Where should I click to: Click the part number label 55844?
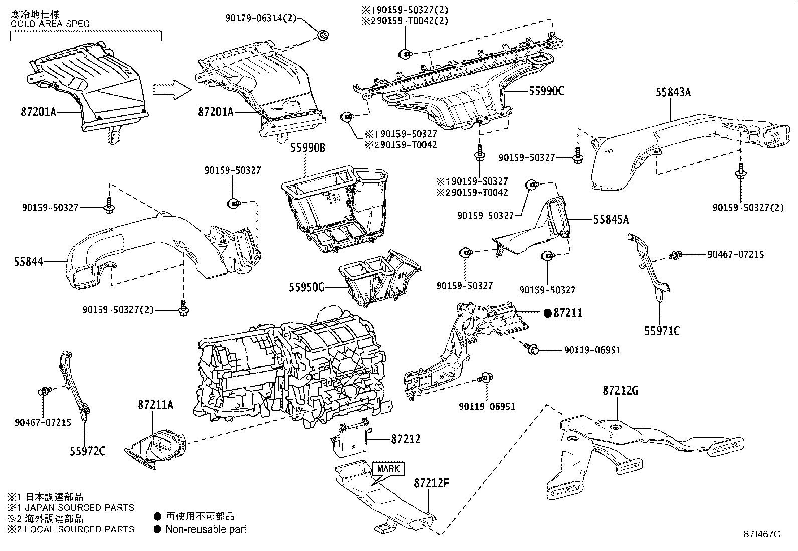tap(28, 261)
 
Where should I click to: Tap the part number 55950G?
tap(306, 287)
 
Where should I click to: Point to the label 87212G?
tap(620, 390)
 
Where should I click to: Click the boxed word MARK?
tap(388, 469)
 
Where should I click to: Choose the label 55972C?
tap(87, 452)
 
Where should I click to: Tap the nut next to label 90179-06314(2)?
tap(324, 35)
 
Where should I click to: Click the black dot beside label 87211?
tap(548, 313)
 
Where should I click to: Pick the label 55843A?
tap(673, 92)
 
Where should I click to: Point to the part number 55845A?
tap(611, 219)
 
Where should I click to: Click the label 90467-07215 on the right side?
tap(735, 255)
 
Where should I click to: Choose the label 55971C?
tap(662, 331)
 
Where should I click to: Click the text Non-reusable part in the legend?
tap(206, 529)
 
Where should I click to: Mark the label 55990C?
tap(546, 91)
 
